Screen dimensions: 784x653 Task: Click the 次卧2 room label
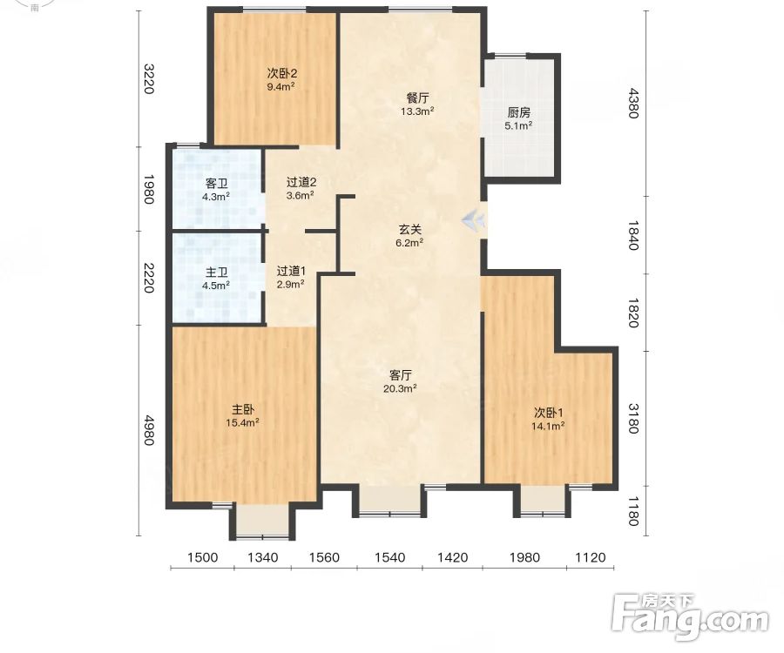[282, 73]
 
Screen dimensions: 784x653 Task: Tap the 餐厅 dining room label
[417, 98]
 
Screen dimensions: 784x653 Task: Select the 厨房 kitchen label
[518, 112]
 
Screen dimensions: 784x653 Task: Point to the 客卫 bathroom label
[217, 184]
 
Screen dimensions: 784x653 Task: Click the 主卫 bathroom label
[217, 273]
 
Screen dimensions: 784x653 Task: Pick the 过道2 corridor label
[301, 182]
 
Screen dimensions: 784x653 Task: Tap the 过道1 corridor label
[291, 272]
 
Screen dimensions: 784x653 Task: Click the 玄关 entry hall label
[410, 229]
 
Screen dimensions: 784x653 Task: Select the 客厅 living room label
[401, 374]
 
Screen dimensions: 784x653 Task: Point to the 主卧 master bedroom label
[242, 410]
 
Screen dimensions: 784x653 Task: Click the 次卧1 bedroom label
[549, 413]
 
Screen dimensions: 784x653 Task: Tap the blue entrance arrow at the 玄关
[473, 219]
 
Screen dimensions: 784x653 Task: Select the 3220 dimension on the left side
[148, 78]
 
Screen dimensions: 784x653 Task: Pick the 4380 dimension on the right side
[633, 103]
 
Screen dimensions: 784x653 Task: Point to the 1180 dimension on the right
[633, 511]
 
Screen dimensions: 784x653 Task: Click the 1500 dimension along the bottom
[202, 557]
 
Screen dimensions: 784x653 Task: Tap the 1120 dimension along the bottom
[591, 557]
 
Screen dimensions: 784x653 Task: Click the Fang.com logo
[690, 617]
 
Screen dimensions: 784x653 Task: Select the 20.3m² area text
[400, 388]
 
